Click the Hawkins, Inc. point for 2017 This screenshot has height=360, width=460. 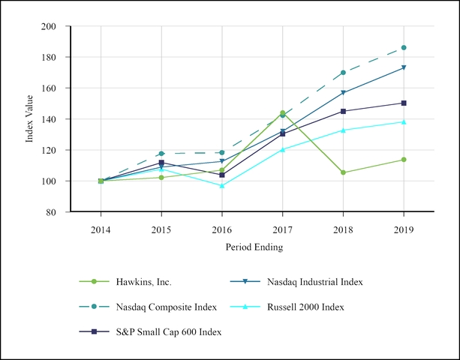(283, 112)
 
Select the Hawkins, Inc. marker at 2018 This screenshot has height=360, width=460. (344, 172)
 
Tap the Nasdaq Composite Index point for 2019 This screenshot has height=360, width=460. (404, 48)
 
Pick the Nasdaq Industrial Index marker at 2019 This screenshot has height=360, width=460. (404, 67)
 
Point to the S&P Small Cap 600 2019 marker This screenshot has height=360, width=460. (404, 103)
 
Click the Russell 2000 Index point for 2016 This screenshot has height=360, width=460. (222, 185)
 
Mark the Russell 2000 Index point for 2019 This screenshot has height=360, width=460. (404, 121)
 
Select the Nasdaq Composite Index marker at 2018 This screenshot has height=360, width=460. (344, 73)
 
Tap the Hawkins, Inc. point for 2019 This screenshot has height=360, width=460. (404, 160)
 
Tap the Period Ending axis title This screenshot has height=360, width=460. (252, 246)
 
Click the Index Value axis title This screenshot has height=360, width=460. (31, 118)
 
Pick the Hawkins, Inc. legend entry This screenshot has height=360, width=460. (143, 282)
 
